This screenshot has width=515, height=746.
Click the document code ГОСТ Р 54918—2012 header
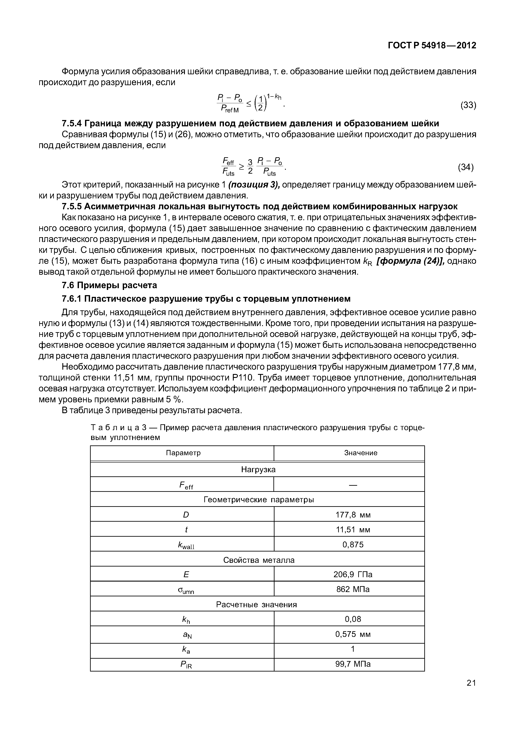coord(432,46)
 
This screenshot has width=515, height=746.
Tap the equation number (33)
coord(468,105)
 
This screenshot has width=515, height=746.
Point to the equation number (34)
coord(466,167)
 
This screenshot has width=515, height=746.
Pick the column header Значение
coord(360,453)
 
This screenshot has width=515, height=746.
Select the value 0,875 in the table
coord(353,545)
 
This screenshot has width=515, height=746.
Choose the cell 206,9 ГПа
coord(353,575)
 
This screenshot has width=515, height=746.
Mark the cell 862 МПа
coord(353,589)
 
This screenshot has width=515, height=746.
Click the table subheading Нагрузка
coord(258,470)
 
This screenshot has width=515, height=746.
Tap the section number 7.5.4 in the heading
coord(72,123)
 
